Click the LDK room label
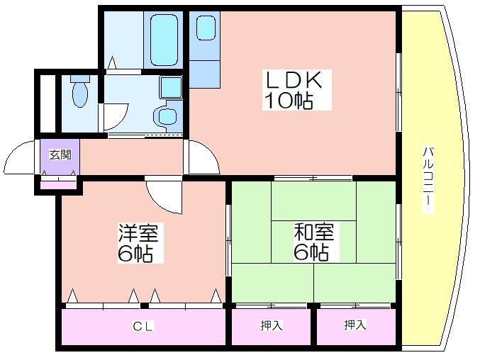[294, 80]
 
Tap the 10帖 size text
[289, 101]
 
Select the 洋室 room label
[139, 233]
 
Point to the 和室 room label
[314, 232]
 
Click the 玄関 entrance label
[60, 155]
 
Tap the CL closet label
[143, 327]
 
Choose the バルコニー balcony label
[428, 180]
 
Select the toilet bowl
[80, 91]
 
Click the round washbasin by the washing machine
[166, 116]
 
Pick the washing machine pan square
[170, 87]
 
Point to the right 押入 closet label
[355, 325]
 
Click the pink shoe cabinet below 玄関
[58, 185]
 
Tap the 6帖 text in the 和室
[311, 253]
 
